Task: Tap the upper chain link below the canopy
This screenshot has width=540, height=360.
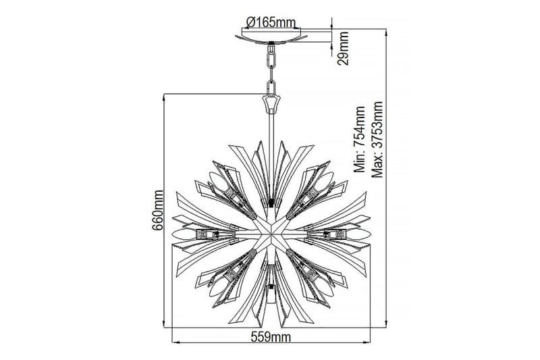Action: (x=271, y=58)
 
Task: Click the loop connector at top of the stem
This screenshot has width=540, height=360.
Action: (x=271, y=103)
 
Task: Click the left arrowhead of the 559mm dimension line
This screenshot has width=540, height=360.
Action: (x=177, y=342)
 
